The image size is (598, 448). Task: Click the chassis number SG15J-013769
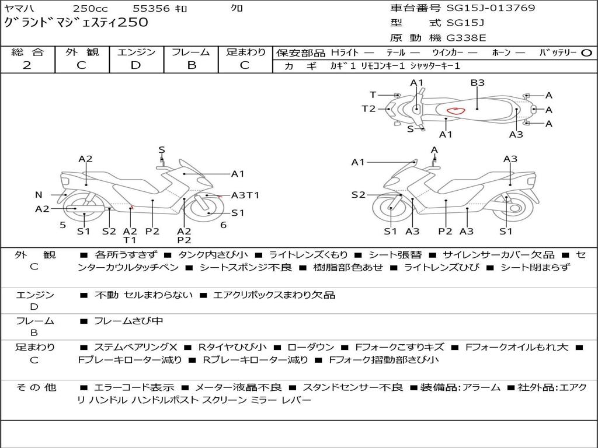click(491, 8)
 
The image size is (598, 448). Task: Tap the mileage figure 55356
click(150, 8)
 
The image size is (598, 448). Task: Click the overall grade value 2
click(27, 65)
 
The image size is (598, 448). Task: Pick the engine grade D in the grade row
click(135, 65)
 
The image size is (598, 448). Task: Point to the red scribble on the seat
click(456, 111)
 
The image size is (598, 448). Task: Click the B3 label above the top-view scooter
click(477, 83)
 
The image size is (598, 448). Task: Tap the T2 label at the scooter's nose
click(368, 109)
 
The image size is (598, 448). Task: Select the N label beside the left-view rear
click(39, 195)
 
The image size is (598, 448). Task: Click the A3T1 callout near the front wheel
click(245, 195)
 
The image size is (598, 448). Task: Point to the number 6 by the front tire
click(224, 225)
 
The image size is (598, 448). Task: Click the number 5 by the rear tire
click(63, 225)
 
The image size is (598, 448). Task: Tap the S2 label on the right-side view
click(358, 195)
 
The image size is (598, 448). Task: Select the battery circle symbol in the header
click(586, 53)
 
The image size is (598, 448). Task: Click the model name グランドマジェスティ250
click(76, 22)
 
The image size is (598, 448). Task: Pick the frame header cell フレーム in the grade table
click(191, 52)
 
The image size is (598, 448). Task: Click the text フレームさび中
click(128, 321)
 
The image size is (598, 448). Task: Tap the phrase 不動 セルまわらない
click(144, 295)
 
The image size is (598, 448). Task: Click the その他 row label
click(36, 387)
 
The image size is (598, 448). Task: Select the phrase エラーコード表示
click(134, 387)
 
